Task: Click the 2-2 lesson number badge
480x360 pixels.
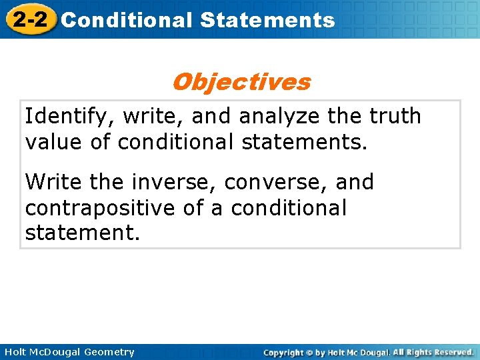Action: (28, 19)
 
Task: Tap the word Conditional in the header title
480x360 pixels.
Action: (126, 20)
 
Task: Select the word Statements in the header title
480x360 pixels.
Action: (267, 20)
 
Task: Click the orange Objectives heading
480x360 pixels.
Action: (241, 82)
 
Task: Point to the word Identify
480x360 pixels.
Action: (61, 117)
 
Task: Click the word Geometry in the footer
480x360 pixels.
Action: (109, 352)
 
